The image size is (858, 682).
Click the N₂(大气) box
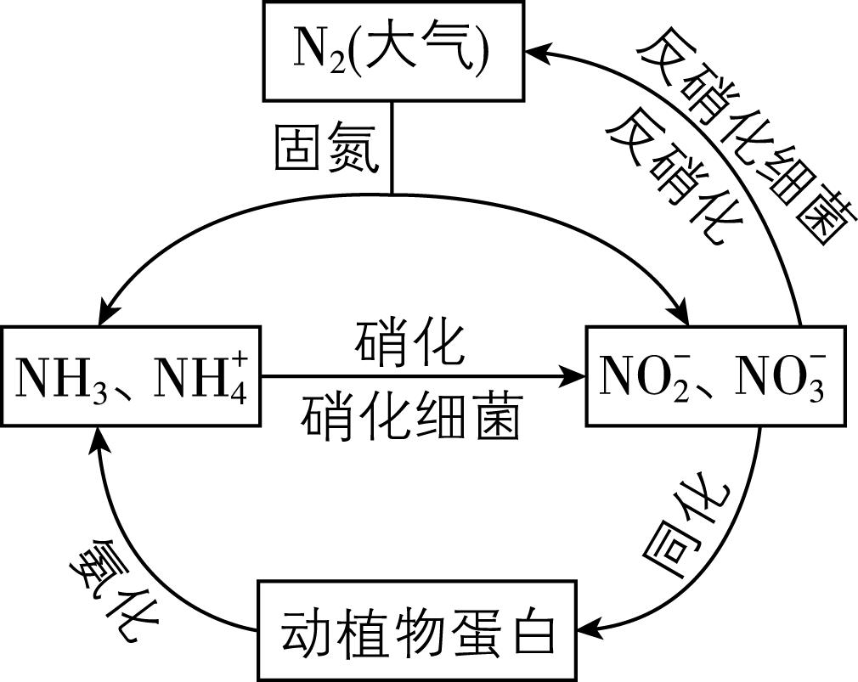coord(392,52)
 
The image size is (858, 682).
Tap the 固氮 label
coord(326,149)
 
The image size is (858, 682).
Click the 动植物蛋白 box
coord(417,630)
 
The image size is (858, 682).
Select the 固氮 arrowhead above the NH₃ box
coord(99,316)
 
